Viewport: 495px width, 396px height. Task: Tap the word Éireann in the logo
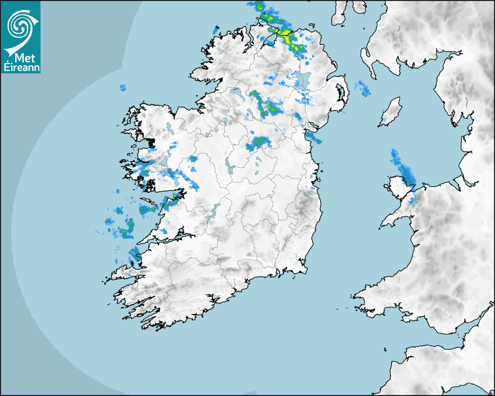(21, 67)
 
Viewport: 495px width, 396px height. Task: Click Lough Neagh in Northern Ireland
(302, 79)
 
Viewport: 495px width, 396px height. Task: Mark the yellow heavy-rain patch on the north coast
(285, 34)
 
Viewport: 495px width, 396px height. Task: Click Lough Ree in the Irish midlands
(229, 169)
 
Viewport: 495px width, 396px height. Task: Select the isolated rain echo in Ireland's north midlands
(259, 143)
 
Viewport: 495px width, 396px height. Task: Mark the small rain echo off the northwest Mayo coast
(123, 88)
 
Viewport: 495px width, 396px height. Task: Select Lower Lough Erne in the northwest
(236, 92)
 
